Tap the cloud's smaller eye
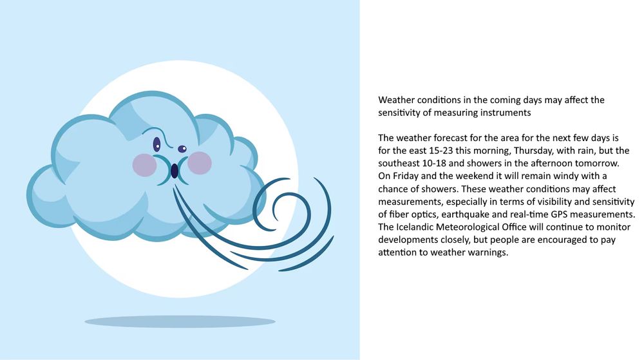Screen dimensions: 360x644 [x=182, y=149]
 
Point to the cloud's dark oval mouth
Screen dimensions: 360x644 [x=174, y=171]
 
